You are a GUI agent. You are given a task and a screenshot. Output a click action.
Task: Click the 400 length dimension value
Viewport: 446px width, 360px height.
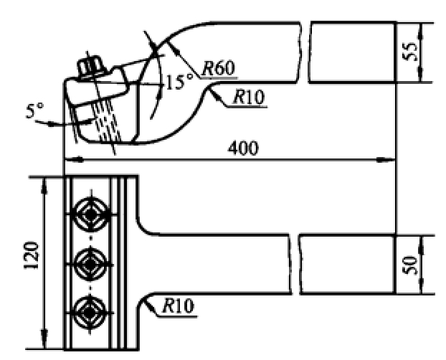(x=243, y=148)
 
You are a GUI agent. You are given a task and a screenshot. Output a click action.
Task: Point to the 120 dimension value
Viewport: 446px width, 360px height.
(x=31, y=255)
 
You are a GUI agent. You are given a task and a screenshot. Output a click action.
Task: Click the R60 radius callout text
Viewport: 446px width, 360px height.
(x=219, y=68)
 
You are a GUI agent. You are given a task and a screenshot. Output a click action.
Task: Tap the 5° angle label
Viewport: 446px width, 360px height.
(x=34, y=110)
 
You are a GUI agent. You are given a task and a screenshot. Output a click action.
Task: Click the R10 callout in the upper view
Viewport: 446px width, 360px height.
(x=249, y=97)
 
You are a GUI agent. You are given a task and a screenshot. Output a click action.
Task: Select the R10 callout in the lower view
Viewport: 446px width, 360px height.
(x=179, y=306)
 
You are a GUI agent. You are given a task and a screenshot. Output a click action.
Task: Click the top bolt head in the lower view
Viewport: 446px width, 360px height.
(x=90, y=214)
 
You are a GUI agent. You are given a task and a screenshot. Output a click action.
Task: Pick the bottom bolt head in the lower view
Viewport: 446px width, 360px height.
(x=90, y=313)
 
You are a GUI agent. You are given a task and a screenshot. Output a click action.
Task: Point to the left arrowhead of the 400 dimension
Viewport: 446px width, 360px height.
(x=74, y=160)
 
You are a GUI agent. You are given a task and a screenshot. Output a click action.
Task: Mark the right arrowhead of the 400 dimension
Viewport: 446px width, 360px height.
(x=386, y=160)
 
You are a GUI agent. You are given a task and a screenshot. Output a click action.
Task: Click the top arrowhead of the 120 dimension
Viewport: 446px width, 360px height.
(x=44, y=186)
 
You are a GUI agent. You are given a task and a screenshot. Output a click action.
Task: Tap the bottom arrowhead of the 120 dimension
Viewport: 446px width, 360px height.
(x=44, y=339)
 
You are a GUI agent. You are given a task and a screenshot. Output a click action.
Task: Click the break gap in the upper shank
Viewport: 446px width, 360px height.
(x=305, y=52)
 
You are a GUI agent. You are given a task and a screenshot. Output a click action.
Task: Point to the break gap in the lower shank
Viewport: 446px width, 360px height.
(x=295, y=265)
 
